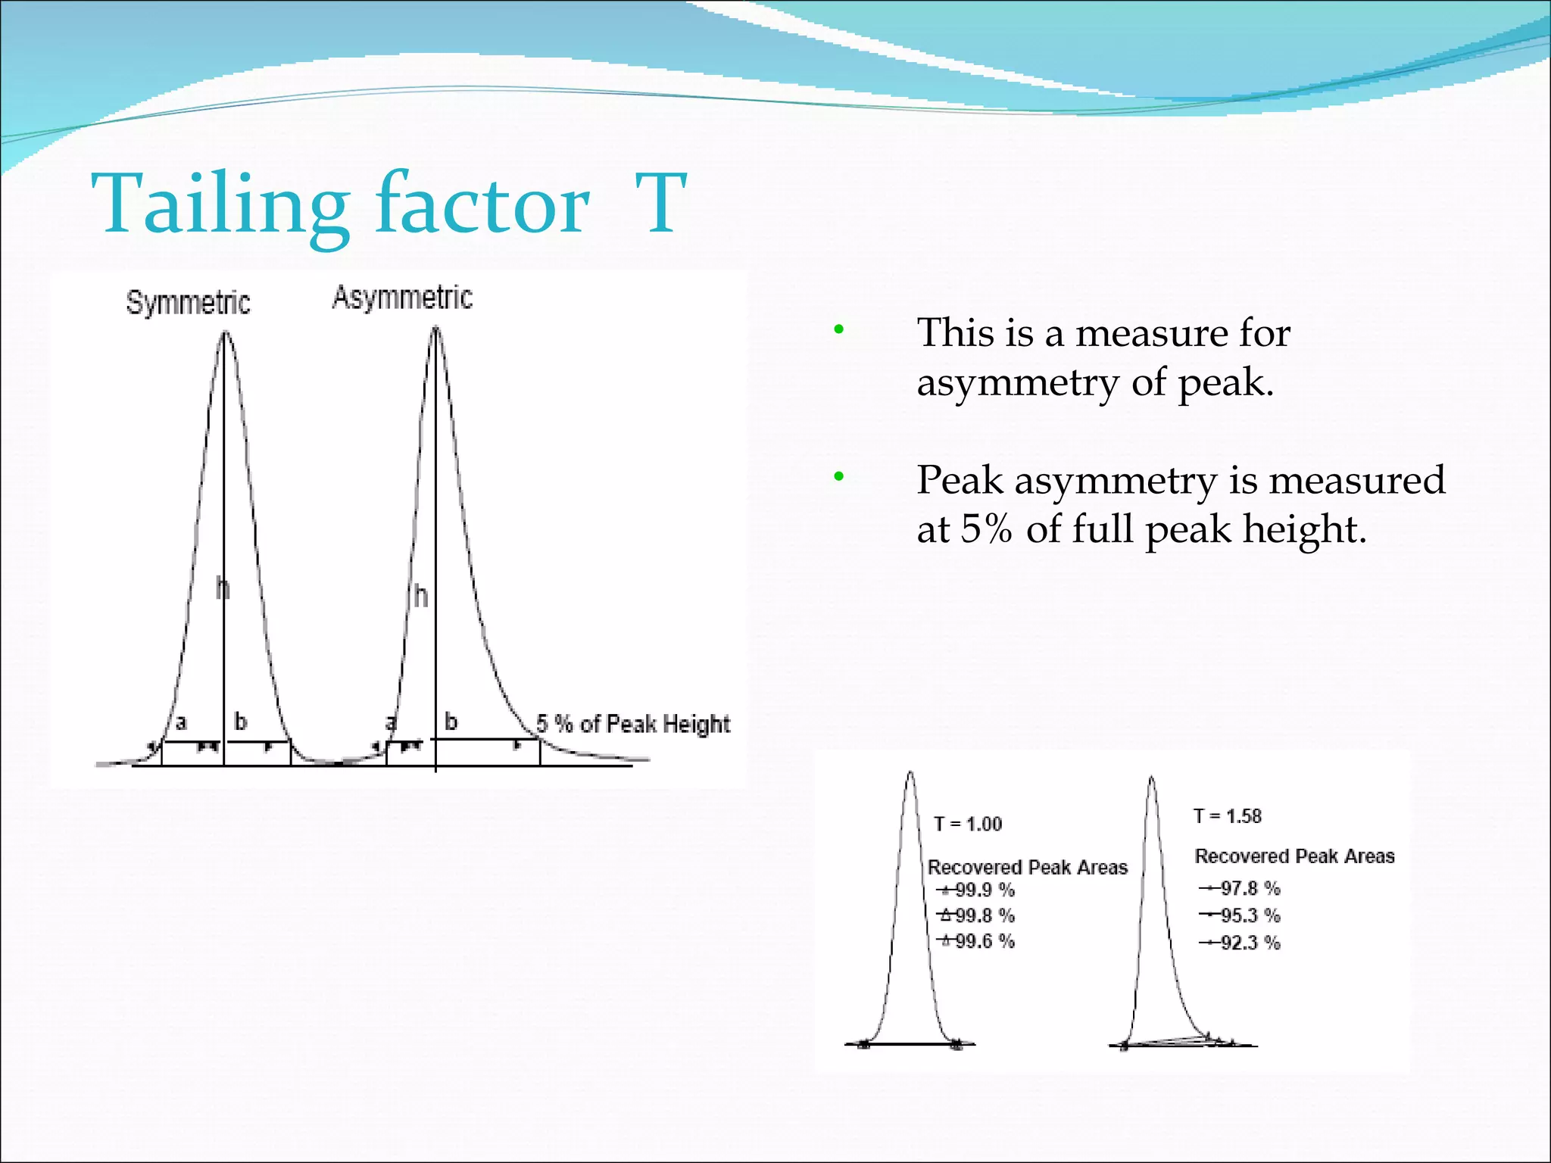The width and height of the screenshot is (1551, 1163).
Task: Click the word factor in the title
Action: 482,203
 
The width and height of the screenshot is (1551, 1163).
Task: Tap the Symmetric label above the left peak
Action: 188,302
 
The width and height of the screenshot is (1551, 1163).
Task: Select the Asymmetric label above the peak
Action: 402,298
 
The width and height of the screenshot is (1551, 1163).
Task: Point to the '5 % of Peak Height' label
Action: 633,724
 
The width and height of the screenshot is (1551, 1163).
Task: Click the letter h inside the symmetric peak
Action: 222,588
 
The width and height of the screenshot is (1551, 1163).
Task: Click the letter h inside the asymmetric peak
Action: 421,597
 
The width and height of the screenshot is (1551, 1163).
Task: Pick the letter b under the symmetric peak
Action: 240,722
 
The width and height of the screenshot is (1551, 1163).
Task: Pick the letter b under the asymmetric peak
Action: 451,721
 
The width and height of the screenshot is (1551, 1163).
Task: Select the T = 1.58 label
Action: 1228,816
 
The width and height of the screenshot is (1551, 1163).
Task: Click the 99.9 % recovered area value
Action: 984,890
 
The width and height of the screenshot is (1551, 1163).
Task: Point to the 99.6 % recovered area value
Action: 984,941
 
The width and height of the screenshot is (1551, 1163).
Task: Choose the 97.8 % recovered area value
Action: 1250,888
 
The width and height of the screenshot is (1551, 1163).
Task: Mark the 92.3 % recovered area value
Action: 1250,943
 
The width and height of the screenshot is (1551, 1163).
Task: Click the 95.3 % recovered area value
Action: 1250,915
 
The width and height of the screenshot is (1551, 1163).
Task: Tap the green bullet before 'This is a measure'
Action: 838,330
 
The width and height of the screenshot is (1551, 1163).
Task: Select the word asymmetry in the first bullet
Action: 1017,382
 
